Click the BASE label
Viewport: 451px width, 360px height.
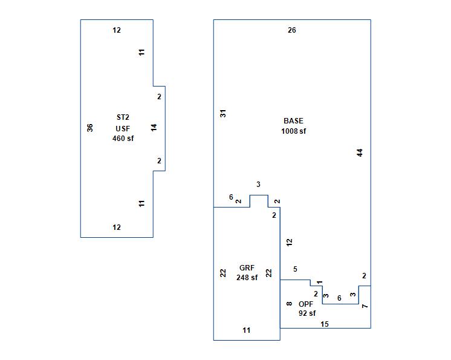point(293,121)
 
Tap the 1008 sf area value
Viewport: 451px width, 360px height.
point(293,131)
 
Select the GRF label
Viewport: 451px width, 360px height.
point(247,268)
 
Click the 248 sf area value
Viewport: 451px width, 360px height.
point(247,278)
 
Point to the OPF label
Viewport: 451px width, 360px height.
point(306,304)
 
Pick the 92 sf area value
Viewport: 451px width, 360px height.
point(307,313)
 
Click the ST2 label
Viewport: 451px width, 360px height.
point(123,117)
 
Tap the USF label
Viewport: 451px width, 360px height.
point(123,128)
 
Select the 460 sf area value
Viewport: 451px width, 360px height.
point(123,139)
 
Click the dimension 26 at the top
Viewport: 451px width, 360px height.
point(292,30)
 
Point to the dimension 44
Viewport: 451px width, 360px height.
point(360,152)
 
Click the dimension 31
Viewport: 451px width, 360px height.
point(223,113)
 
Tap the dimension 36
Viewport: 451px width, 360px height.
point(90,128)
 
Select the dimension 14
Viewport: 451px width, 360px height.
point(154,128)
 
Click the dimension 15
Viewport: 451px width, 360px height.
point(325,324)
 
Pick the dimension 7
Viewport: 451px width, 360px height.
point(365,306)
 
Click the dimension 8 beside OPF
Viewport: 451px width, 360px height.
point(290,304)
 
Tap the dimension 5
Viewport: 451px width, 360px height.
point(295,269)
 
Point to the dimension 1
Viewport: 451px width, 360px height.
point(320,282)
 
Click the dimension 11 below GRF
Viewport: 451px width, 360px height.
point(247,330)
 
